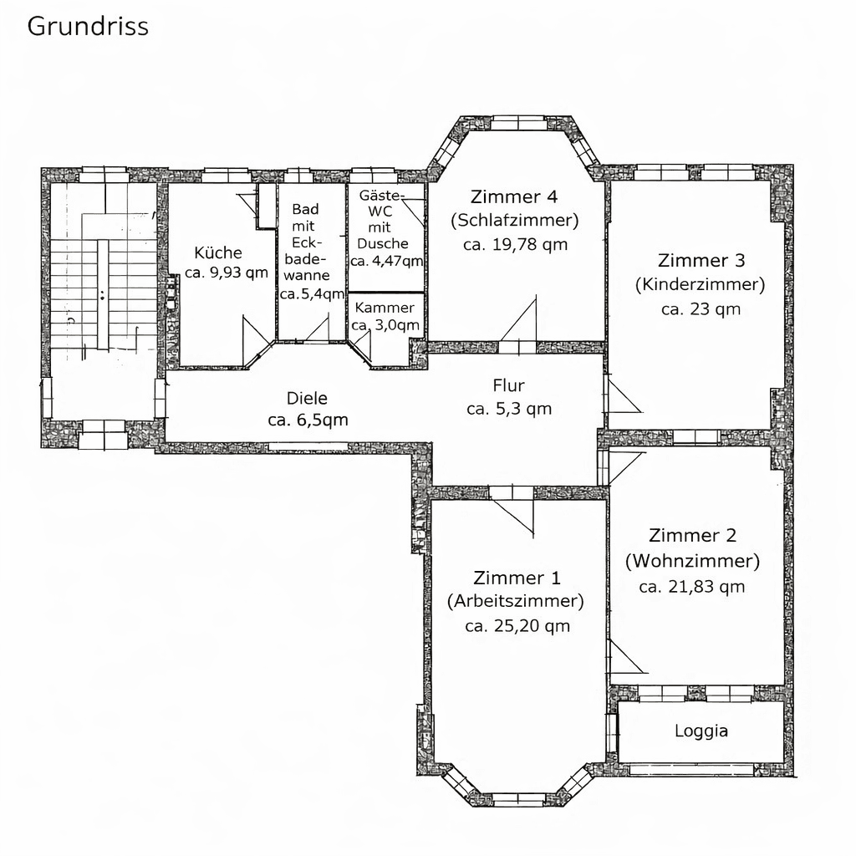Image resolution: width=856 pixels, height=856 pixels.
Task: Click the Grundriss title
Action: click(88, 27)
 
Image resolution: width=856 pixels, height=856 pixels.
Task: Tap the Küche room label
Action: click(217, 252)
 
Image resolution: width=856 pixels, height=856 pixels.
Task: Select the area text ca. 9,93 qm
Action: click(226, 273)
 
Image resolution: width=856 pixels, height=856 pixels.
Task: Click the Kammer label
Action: click(385, 308)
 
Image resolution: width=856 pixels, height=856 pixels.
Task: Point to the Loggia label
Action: click(701, 731)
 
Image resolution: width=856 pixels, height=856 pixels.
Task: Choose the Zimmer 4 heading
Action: click(514, 197)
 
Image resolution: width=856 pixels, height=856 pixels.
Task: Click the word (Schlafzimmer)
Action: click(514, 221)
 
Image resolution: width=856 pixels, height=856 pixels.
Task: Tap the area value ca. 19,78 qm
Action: click(515, 244)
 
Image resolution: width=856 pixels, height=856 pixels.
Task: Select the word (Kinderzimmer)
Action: click(700, 284)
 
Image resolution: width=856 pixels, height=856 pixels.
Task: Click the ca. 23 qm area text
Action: click(701, 308)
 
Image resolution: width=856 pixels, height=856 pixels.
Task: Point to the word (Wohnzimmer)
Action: click(692, 560)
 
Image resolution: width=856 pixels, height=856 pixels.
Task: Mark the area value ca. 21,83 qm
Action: click(691, 587)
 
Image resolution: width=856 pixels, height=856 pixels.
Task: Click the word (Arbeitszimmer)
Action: click(516, 601)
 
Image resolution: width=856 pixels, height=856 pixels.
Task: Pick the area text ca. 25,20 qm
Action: click(517, 625)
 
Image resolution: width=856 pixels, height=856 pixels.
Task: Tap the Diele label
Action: click(307, 399)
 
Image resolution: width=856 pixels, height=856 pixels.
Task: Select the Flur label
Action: click(509, 385)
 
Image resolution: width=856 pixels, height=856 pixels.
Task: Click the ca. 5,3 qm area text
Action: click(509, 409)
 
